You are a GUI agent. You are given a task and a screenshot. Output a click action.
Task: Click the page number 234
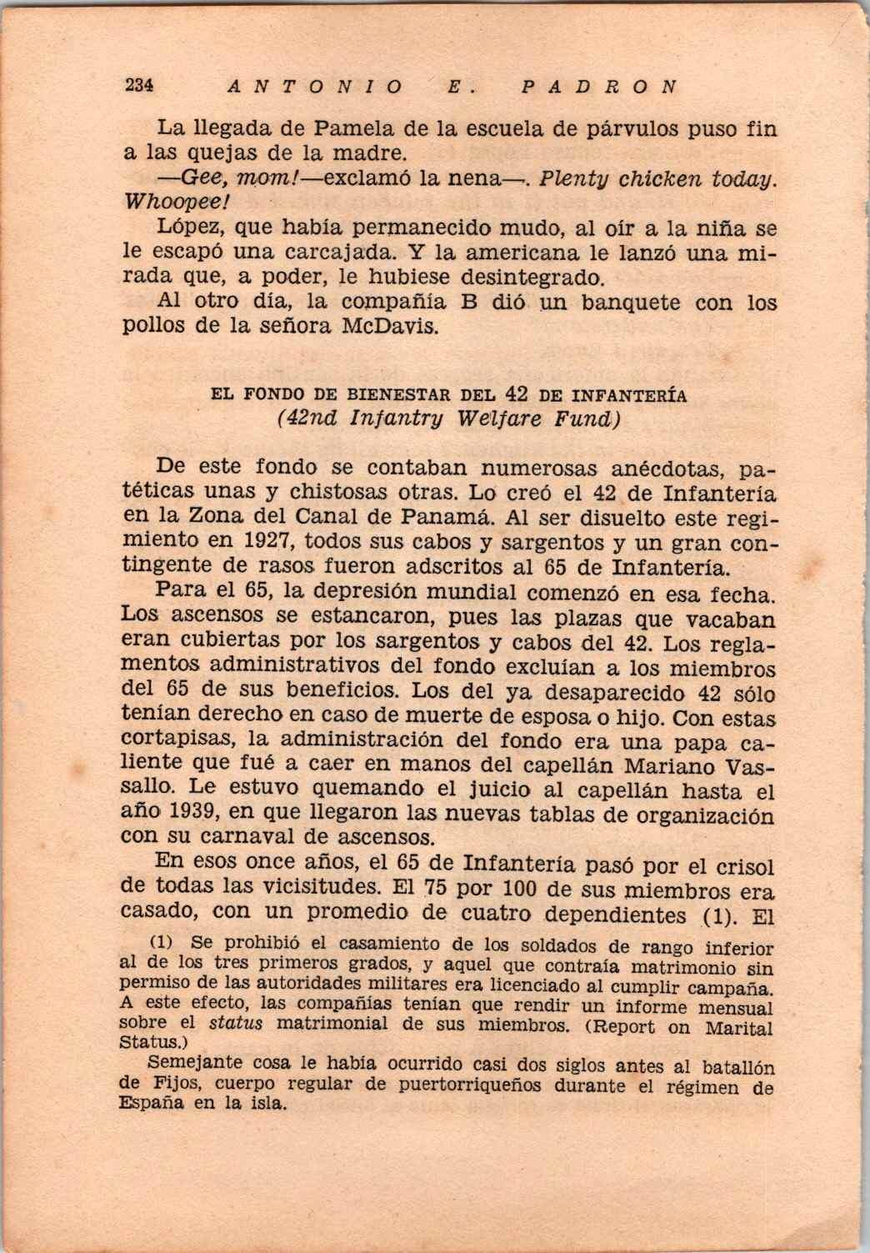tap(140, 85)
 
